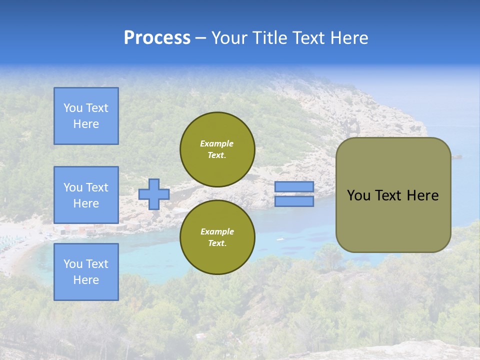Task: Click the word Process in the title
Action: (157, 37)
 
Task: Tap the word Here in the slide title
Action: (348, 37)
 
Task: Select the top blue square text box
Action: (86, 116)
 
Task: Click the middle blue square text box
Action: (86, 195)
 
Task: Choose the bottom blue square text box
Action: (86, 271)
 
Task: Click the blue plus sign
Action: (154, 194)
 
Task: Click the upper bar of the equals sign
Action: (294, 186)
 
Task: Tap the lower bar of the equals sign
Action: (294, 201)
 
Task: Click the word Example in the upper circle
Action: (217, 143)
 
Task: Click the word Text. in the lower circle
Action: (217, 243)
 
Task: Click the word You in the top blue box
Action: (73, 108)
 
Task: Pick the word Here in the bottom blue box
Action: (86, 280)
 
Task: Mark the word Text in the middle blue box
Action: (97, 187)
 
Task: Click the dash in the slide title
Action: (200, 38)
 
